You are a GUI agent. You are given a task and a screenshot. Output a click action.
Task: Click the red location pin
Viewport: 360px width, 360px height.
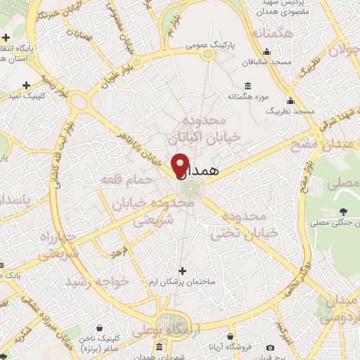click(x=181, y=165)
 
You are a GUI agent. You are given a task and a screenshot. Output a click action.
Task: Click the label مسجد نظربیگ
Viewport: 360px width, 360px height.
click(x=295, y=112)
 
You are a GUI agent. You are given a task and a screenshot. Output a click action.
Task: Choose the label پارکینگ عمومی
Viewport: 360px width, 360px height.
click(x=207, y=44)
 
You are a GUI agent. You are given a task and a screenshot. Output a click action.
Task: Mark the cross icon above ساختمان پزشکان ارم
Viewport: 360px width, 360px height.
click(x=183, y=270)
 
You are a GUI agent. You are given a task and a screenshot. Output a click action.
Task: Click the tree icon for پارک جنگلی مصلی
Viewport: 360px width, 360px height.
click(x=344, y=212)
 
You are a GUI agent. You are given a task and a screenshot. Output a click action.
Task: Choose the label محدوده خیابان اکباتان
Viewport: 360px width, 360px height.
click(x=212, y=126)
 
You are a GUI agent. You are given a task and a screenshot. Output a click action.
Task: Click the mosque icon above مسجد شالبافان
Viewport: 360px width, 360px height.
click(x=266, y=51)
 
